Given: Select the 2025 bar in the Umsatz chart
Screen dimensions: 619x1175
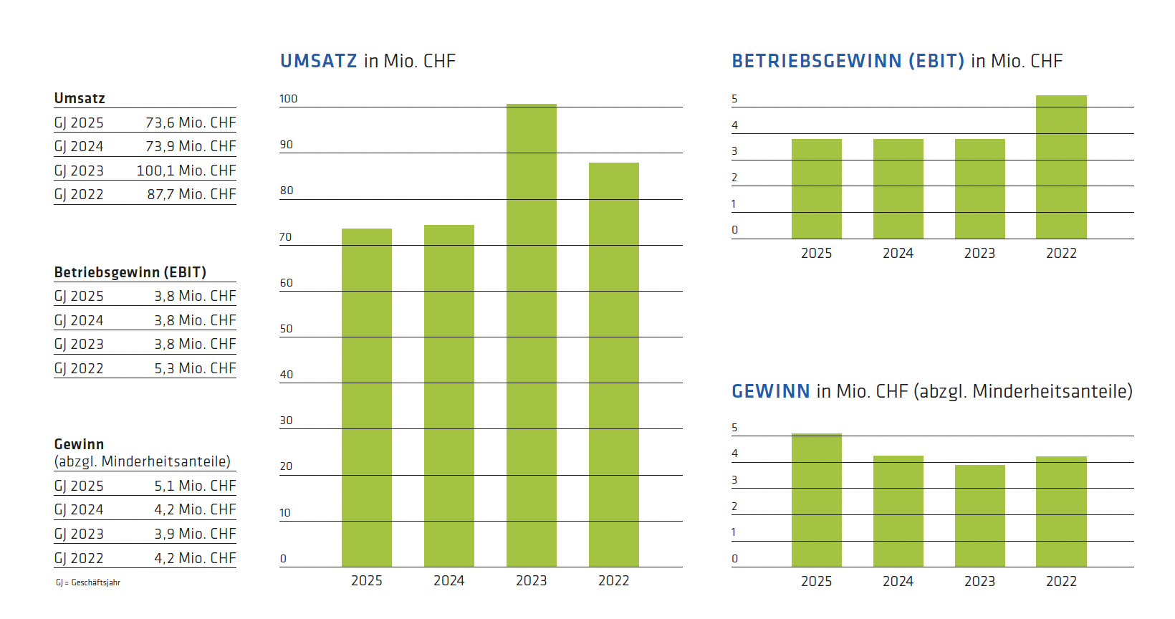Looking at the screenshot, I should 366,398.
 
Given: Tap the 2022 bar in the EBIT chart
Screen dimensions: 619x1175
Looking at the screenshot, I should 1061,167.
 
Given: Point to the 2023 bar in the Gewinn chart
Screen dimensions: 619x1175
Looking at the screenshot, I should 979,516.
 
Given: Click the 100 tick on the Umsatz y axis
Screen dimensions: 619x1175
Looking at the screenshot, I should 288,99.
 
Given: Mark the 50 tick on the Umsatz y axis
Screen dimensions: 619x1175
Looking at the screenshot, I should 286,329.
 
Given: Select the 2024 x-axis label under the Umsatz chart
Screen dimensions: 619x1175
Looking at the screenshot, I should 449,581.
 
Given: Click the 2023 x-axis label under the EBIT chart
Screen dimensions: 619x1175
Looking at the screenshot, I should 979,254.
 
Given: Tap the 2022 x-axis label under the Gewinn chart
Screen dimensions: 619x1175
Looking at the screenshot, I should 1061,582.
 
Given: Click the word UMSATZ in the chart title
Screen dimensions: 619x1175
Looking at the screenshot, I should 318,61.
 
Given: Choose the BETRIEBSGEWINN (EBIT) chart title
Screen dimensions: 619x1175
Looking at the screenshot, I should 848,61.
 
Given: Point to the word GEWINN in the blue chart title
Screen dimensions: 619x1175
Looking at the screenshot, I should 770,391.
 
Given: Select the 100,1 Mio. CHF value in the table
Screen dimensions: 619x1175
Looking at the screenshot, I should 186,171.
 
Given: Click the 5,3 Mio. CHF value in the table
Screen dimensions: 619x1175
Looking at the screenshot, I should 195,368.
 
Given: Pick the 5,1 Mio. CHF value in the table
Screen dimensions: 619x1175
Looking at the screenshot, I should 195,486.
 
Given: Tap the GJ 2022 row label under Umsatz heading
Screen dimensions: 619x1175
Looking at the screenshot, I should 79,194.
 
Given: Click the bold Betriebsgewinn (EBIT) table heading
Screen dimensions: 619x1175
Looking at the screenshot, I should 130,272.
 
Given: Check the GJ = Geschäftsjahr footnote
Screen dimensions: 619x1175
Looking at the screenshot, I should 88,582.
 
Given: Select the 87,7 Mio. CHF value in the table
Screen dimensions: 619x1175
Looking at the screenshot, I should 191,194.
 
